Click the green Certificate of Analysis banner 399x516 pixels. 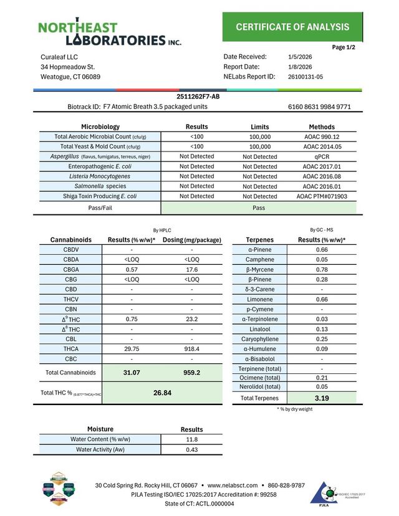292,27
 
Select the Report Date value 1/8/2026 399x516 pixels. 300,67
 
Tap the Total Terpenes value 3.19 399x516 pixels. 322,398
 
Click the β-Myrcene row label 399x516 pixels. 257,269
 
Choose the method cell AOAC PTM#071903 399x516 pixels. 322,196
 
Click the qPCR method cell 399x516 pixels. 322,156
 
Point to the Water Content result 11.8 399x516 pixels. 191,439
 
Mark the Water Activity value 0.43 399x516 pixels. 191,449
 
